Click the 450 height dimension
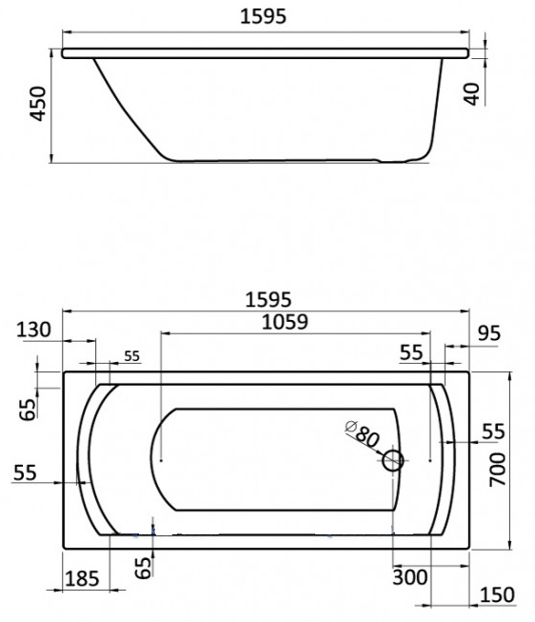click(38, 104)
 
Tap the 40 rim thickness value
click(472, 94)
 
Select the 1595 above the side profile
click(263, 16)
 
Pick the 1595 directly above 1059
click(268, 299)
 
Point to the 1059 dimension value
click(285, 322)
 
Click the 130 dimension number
click(33, 330)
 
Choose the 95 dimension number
click(489, 333)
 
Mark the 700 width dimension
click(498, 470)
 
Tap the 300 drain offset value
click(410, 577)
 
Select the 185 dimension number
click(82, 579)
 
